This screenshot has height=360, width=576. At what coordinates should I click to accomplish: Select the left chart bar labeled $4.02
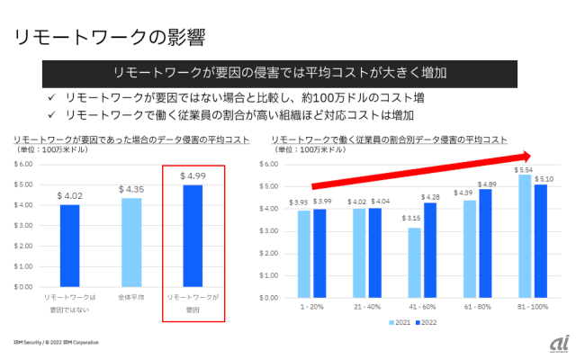70,246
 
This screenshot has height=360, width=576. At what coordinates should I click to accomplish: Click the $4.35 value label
130,190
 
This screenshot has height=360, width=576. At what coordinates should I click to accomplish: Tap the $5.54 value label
524,169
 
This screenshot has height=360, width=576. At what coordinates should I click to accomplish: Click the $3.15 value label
412,218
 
